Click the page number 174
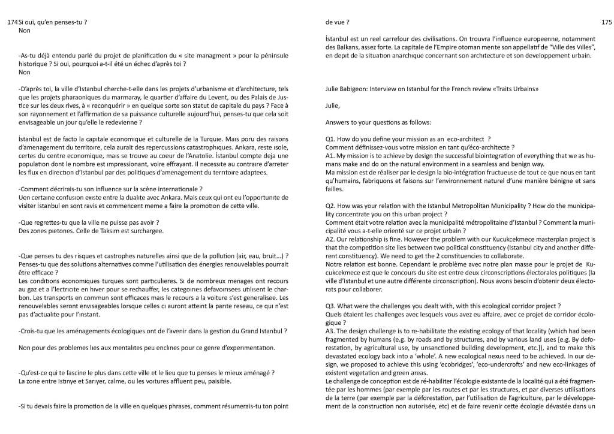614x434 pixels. (x=13, y=22)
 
